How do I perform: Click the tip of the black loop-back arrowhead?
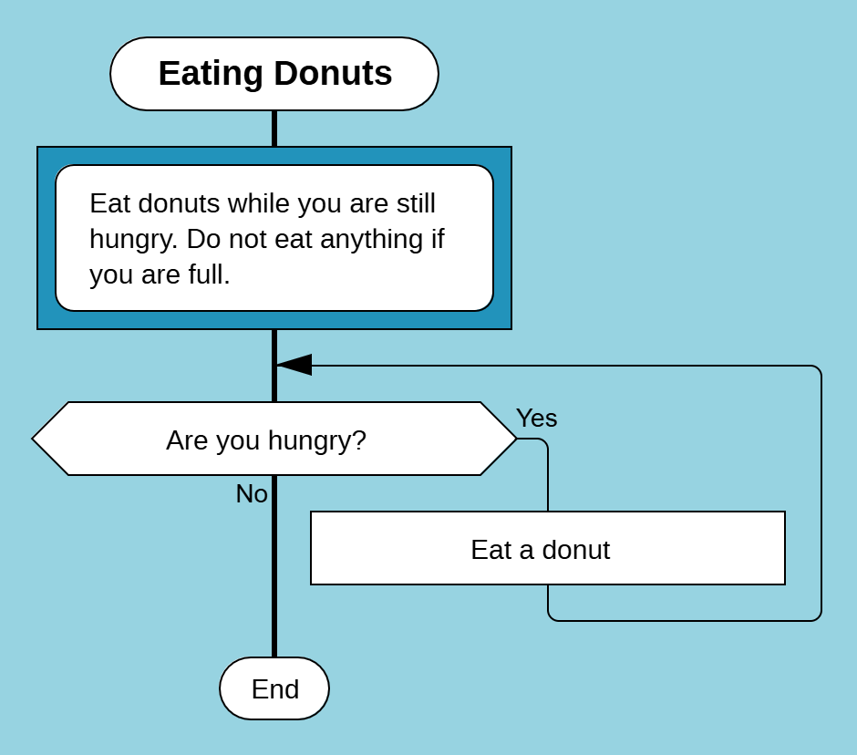276,365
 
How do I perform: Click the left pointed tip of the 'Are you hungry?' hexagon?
32,439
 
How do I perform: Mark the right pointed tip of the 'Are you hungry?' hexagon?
517,439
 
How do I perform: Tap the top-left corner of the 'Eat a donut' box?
311,512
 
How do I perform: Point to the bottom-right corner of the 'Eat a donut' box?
785,585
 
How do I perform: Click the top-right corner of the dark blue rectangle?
511,147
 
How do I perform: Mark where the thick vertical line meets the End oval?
274,657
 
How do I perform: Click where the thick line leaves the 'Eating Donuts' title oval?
274,110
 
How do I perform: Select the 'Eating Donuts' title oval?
274,74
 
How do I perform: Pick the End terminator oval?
274,688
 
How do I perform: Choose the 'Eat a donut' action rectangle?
548,548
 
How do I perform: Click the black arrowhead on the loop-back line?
294,365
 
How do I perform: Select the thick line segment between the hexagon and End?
274,566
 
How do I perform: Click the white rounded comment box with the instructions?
274,238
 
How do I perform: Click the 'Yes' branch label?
537,419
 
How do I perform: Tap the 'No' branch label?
252,493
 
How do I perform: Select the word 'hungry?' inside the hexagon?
317,440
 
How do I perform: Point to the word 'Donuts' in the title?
333,73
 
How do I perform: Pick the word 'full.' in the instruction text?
209,274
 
